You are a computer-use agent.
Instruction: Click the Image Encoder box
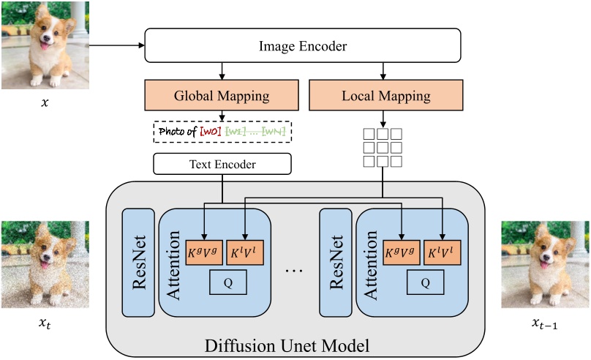[303, 46]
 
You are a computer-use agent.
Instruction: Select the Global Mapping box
[222, 96]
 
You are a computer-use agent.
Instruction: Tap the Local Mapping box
[385, 96]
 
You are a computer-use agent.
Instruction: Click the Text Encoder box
[222, 164]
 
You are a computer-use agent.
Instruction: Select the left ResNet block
[138, 263]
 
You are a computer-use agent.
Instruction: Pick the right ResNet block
[336, 263]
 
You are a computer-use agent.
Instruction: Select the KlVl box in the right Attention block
[444, 252]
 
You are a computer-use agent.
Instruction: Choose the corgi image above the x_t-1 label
[545, 264]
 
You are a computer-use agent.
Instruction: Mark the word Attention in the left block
[174, 263]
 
